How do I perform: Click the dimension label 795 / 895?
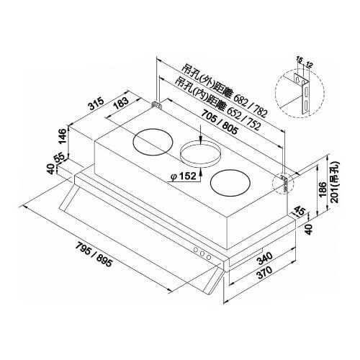point(94,255)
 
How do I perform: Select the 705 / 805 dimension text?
point(220,122)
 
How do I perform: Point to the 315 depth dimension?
point(96,103)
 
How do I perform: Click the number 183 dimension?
point(122,103)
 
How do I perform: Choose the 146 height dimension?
point(63,136)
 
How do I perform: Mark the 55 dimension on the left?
point(60,158)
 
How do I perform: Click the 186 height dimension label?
point(323,189)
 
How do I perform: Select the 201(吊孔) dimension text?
point(334,182)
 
